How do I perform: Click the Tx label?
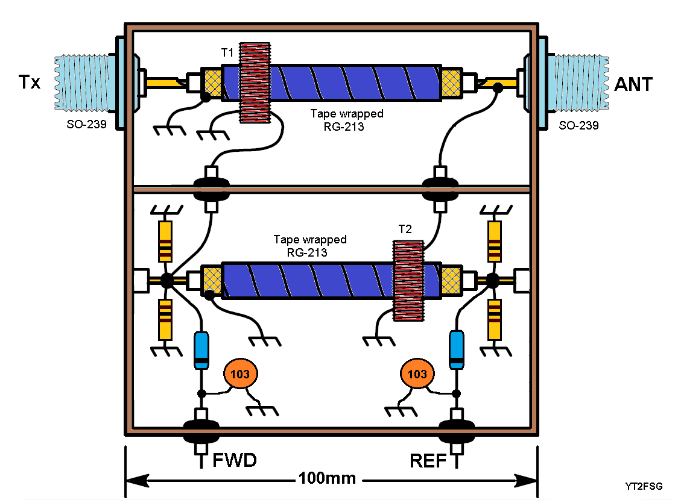coord(28,83)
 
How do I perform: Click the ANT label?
coord(633,84)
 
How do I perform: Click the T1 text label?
coord(227,52)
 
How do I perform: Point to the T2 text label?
coord(405,230)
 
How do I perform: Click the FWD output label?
coord(235,461)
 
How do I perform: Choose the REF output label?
coord(428,461)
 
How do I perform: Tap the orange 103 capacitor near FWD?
coord(240,374)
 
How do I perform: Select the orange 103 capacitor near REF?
coord(417,374)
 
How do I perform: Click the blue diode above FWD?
coord(201,349)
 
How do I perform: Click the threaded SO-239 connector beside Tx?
coord(83,83)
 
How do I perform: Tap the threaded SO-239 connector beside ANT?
coord(578,83)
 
